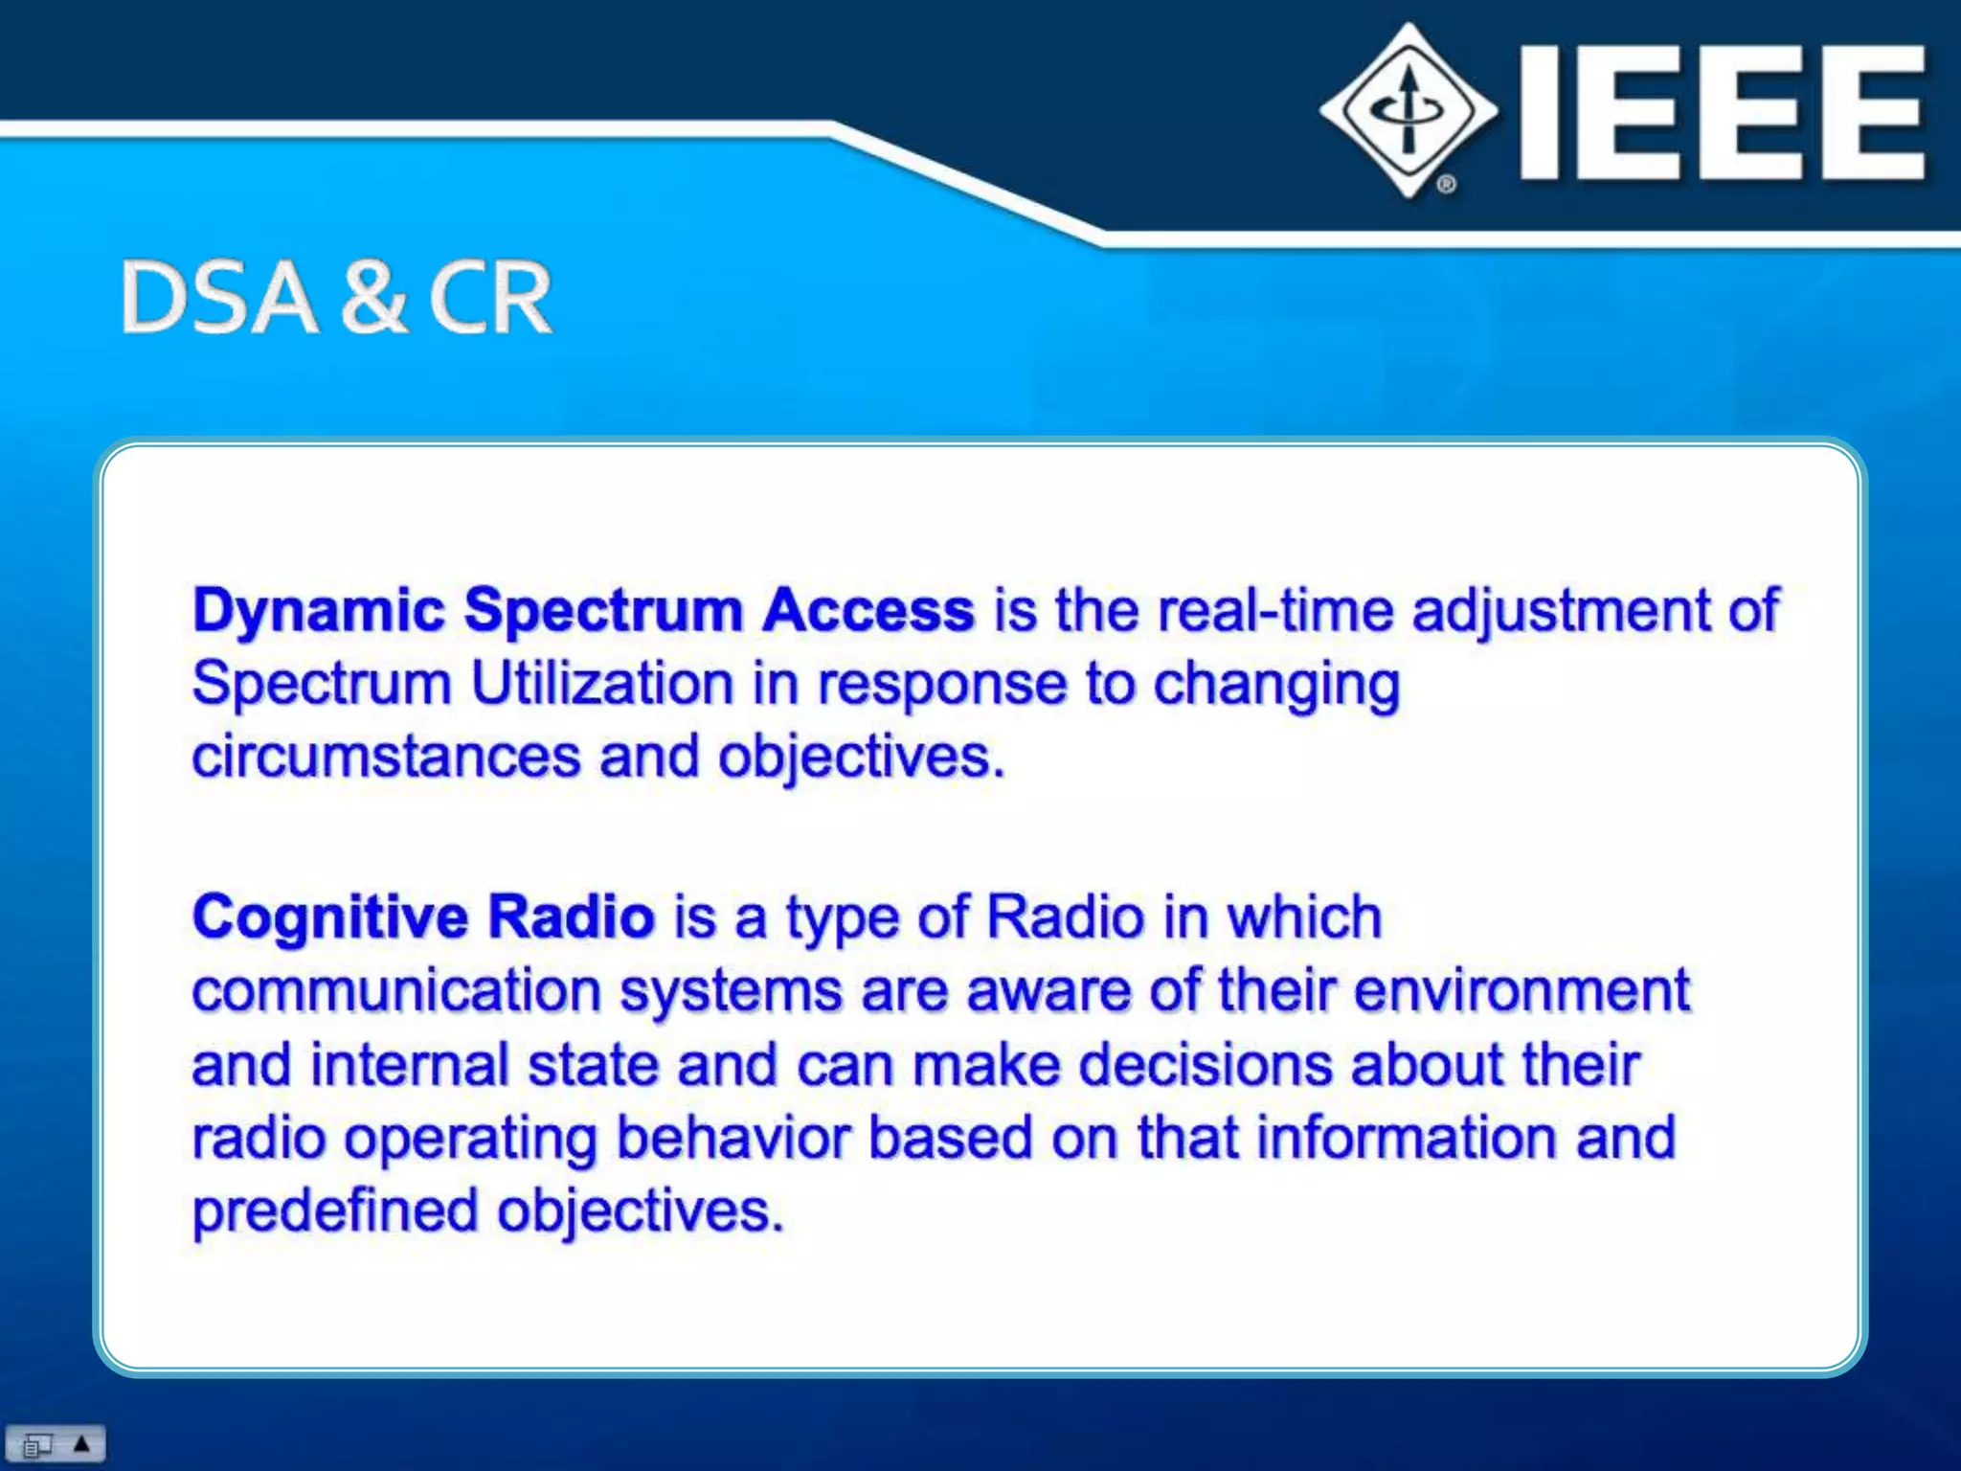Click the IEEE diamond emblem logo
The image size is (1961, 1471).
[x=1408, y=109]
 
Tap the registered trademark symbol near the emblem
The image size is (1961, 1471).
[x=1447, y=183]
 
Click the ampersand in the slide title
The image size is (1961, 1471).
[x=372, y=298]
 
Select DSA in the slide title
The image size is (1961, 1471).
[x=218, y=298]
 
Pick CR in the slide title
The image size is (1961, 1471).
[x=489, y=298]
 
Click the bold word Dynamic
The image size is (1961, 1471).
[x=319, y=611]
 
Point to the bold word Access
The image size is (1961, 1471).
[x=868, y=609]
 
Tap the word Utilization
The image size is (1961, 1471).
[x=602, y=684]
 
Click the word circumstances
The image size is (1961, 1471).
[x=386, y=757]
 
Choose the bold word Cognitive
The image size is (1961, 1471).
[x=329, y=917]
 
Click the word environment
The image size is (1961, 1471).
[x=1521, y=990]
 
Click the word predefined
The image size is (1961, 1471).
[x=334, y=1211]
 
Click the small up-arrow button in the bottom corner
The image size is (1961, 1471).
[x=82, y=1443]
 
